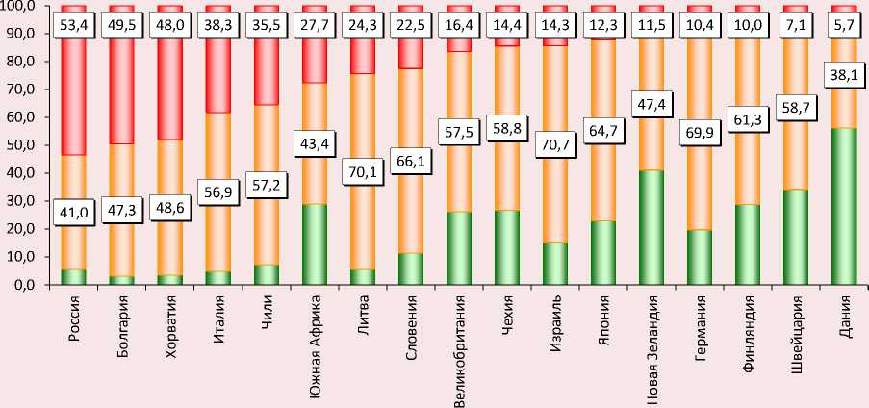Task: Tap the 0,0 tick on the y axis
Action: pos(20,286)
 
